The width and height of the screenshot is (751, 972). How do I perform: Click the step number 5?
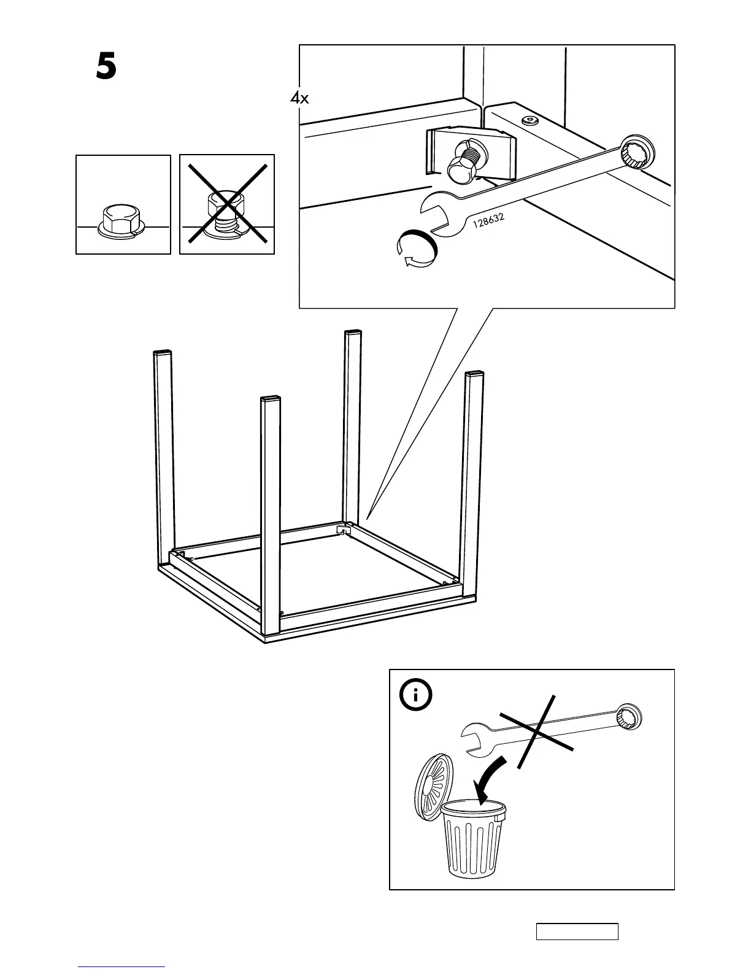coord(106,67)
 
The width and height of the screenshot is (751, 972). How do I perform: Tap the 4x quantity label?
coord(300,98)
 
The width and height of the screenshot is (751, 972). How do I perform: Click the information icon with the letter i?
coord(416,695)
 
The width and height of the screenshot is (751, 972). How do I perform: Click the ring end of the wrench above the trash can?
coord(628,717)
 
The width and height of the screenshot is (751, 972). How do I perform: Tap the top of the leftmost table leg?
coord(161,353)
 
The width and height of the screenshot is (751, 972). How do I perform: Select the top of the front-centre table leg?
coord(271,400)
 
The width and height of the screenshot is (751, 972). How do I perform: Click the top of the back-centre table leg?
coord(353,333)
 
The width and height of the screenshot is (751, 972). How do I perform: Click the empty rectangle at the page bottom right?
coord(577,931)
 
